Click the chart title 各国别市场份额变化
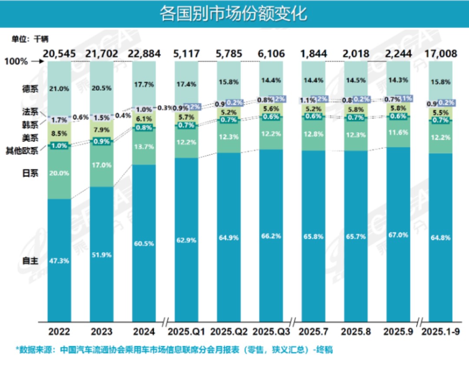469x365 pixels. (233, 14)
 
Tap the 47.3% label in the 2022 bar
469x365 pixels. (59, 261)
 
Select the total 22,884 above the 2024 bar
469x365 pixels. (144, 54)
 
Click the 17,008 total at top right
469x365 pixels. (440, 54)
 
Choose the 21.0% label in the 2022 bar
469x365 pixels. (59, 89)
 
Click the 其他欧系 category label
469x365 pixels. (22, 151)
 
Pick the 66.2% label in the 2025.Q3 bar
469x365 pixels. (271, 236)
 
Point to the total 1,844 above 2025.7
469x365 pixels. (313, 54)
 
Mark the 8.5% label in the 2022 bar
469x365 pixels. (59, 134)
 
